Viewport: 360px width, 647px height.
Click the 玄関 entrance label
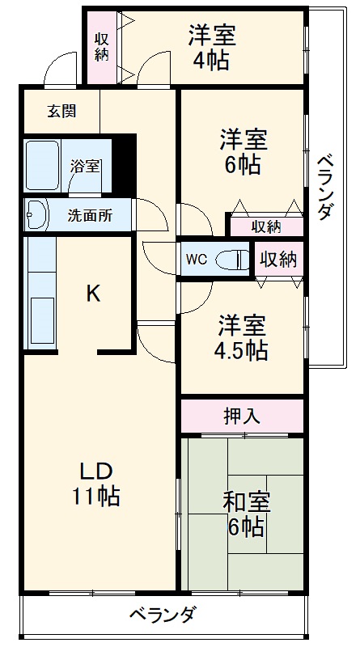click(60, 112)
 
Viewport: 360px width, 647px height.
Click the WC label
click(197, 260)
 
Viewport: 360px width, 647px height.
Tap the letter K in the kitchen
click(94, 294)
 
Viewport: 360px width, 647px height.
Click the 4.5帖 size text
click(242, 351)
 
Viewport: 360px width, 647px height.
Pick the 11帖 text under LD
click(98, 495)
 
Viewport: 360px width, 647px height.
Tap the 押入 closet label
click(242, 416)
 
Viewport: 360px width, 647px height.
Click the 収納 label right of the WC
click(277, 260)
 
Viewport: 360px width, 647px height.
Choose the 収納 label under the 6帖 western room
click(266, 226)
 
